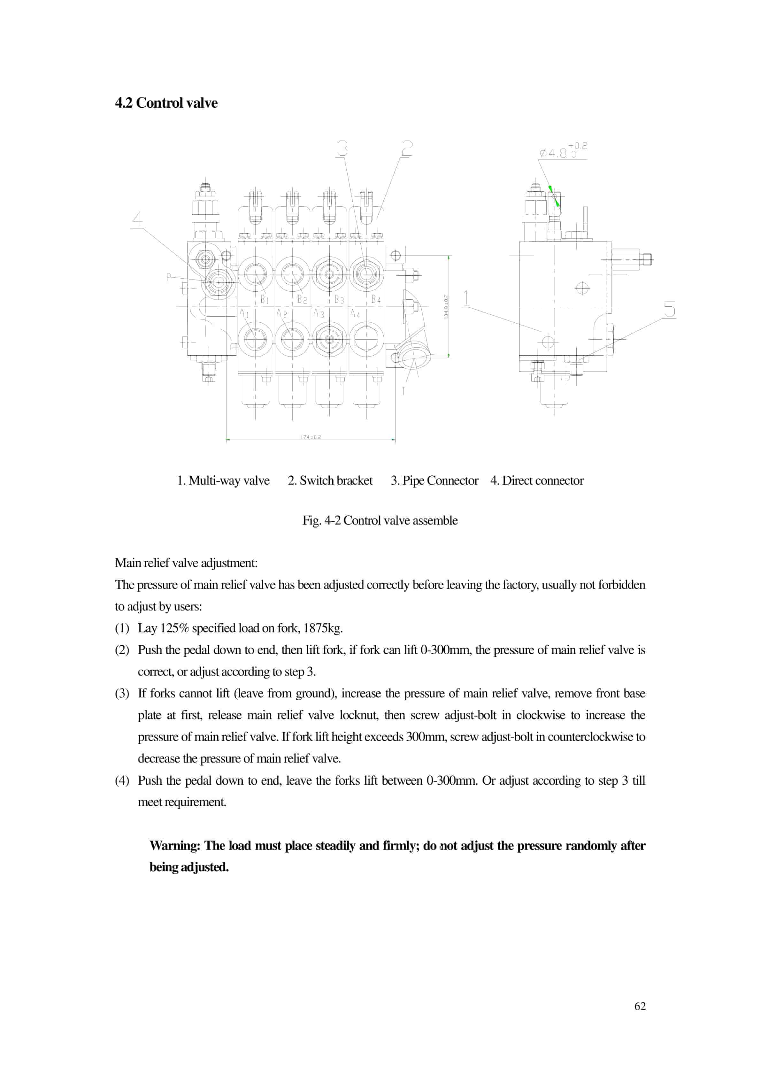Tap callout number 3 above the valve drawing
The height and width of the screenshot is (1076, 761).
coord(342,149)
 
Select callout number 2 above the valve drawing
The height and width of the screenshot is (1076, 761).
coord(406,149)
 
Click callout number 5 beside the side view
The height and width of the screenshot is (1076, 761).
coord(670,309)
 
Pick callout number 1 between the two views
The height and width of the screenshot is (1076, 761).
coord(466,298)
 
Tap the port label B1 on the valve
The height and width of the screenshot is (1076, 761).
coord(264,299)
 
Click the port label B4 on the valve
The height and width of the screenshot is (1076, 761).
coord(376,299)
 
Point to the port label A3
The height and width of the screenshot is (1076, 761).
coord(319,313)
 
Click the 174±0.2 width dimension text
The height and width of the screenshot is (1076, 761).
coord(311,437)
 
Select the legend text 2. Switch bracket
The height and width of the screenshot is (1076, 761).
coord(330,481)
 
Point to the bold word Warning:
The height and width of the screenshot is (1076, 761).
coord(175,846)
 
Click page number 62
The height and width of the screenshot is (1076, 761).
coord(640,1006)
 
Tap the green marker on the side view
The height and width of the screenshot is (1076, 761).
coord(554,196)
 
